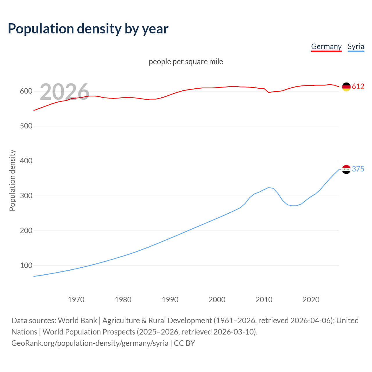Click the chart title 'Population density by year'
point(88,29)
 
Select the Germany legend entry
point(326,46)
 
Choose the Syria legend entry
point(356,46)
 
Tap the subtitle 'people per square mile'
point(186,62)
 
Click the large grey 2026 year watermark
point(65,92)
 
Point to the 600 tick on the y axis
point(26,91)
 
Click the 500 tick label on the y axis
point(26,126)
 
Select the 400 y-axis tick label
point(26,161)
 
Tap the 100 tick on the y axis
point(26,265)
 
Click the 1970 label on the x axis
point(76,300)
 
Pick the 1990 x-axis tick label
point(170,300)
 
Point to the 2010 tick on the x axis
point(264,300)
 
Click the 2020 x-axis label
point(311,300)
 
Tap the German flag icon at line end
point(346,87)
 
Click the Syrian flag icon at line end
point(346,169)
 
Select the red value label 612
point(358,87)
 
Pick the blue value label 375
point(358,169)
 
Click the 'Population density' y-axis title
point(12,180)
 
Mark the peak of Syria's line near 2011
point(269,188)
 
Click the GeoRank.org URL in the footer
point(90,343)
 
